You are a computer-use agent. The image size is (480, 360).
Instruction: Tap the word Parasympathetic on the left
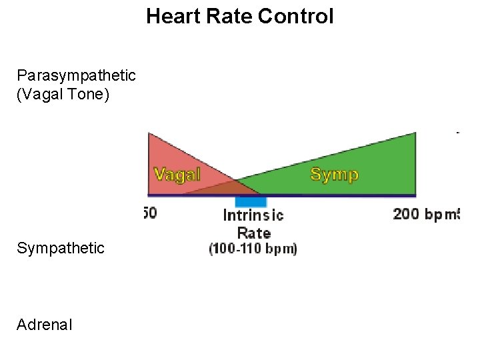(x=77, y=75)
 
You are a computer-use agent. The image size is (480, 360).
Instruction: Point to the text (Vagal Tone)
(x=64, y=94)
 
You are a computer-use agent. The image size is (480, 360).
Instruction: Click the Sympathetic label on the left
(x=61, y=249)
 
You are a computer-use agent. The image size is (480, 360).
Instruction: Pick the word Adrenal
(x=45, y=325)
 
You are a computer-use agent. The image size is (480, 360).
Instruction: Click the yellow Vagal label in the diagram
(x=177, y=174)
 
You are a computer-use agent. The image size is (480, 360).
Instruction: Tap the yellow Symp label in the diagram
(x=335, y=175)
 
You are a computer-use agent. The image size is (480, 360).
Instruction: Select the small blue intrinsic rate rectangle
(x=251, y=201)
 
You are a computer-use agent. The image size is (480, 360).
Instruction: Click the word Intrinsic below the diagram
(x=253, y=215)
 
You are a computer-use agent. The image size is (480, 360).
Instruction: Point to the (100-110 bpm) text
(x=253, y=249)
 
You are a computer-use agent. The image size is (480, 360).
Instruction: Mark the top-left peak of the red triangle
(x=149, y=134)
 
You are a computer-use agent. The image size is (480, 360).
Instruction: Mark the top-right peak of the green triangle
(x=415, y=133)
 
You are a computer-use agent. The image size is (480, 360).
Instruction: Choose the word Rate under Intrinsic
(x=254, y=233)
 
